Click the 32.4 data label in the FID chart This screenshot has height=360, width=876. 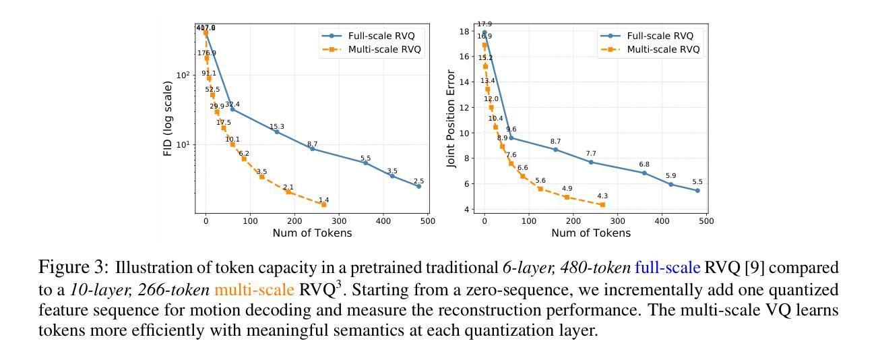(232, 104)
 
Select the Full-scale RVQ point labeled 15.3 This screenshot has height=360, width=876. (277, 132)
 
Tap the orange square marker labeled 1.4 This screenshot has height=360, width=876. (324, 204)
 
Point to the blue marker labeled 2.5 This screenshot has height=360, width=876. (418, 186)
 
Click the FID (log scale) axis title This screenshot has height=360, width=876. (168, 119)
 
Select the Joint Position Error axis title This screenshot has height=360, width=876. (451, 119)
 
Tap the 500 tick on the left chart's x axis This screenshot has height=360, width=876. (427, 220)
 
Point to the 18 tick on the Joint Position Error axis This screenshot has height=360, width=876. (466, 32)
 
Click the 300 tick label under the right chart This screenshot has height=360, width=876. (617, 220)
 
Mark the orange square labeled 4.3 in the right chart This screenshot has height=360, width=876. (602, 204)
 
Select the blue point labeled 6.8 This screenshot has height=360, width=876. (644, 173)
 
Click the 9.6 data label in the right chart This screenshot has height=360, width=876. (511, 129)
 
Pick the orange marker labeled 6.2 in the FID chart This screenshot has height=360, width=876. (244, 159)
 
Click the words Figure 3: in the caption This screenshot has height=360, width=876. (74, 268)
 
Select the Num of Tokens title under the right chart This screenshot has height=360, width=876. (591, 233)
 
